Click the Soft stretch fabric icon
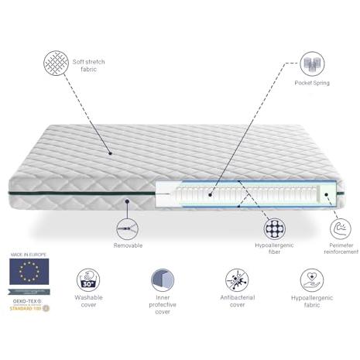(x=56, y=63)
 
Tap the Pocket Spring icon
(x=312, y=63)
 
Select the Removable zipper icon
(x=127, y=229)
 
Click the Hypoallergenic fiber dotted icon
(x=275, y=228)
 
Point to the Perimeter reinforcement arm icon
(x=341, y=229)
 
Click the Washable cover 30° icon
(x=88, y=280)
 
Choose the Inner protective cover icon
(x=163, y=280)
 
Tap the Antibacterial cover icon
(x=237, y=280)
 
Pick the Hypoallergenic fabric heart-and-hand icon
(x=312, y=280)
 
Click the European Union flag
(x=29, y=272)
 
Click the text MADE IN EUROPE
(x=29, y=255)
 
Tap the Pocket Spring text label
(x=312, y=83)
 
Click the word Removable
(x=128, y=245)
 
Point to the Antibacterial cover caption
(x=237, y=301)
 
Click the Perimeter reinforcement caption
(x=341, y=249)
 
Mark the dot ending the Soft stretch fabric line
(x=110, y=153)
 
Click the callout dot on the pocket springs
(x=211, y=195)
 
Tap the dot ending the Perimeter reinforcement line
(x=327, y=194)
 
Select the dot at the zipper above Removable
(x=127, y=201)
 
